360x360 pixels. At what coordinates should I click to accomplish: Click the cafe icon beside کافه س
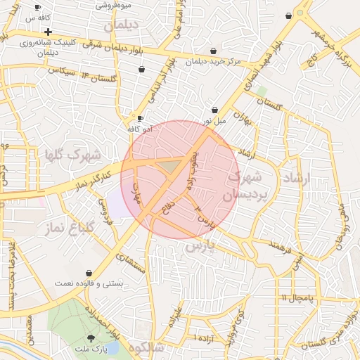tap(37, 7)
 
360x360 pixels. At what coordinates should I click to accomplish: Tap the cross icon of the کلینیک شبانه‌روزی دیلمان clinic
tap(47, 32)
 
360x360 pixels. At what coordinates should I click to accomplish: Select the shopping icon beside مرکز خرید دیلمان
tap(214, 50)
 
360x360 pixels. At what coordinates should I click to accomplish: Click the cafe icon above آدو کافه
tap(141, 118)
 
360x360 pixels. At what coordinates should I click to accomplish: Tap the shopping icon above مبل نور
tap(214, 110)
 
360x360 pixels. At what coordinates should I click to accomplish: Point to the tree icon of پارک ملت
tap(90, 337)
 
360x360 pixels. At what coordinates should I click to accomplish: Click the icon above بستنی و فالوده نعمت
tap(89, 273)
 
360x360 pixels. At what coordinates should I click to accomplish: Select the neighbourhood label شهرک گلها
tap(72, 155)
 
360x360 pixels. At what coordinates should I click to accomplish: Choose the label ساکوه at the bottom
tap(146, 347)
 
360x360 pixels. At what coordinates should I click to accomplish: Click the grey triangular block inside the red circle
tap(169, 166)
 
